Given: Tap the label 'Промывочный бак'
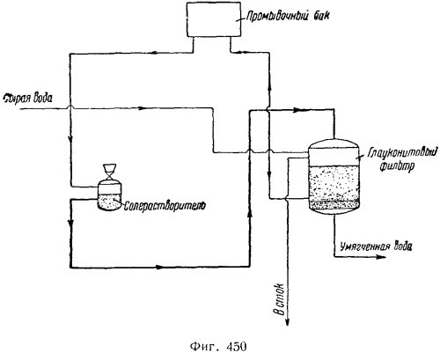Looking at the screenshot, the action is (288, 15).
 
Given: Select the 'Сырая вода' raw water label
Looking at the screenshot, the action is (27, 99).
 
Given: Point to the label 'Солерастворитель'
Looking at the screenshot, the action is (165, 206).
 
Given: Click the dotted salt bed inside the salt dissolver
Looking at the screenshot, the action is (109, 202).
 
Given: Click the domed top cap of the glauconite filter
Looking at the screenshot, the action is (334, 143).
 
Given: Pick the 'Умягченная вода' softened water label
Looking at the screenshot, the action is (376, 246).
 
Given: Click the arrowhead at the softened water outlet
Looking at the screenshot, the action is (381, 257).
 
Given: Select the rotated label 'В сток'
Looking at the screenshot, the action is (280, 299).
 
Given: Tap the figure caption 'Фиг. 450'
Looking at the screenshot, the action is (218, 347).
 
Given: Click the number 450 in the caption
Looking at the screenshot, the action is (237, 347).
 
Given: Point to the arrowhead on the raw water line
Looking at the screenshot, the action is (142, 108).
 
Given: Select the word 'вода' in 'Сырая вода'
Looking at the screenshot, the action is (43, 99).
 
